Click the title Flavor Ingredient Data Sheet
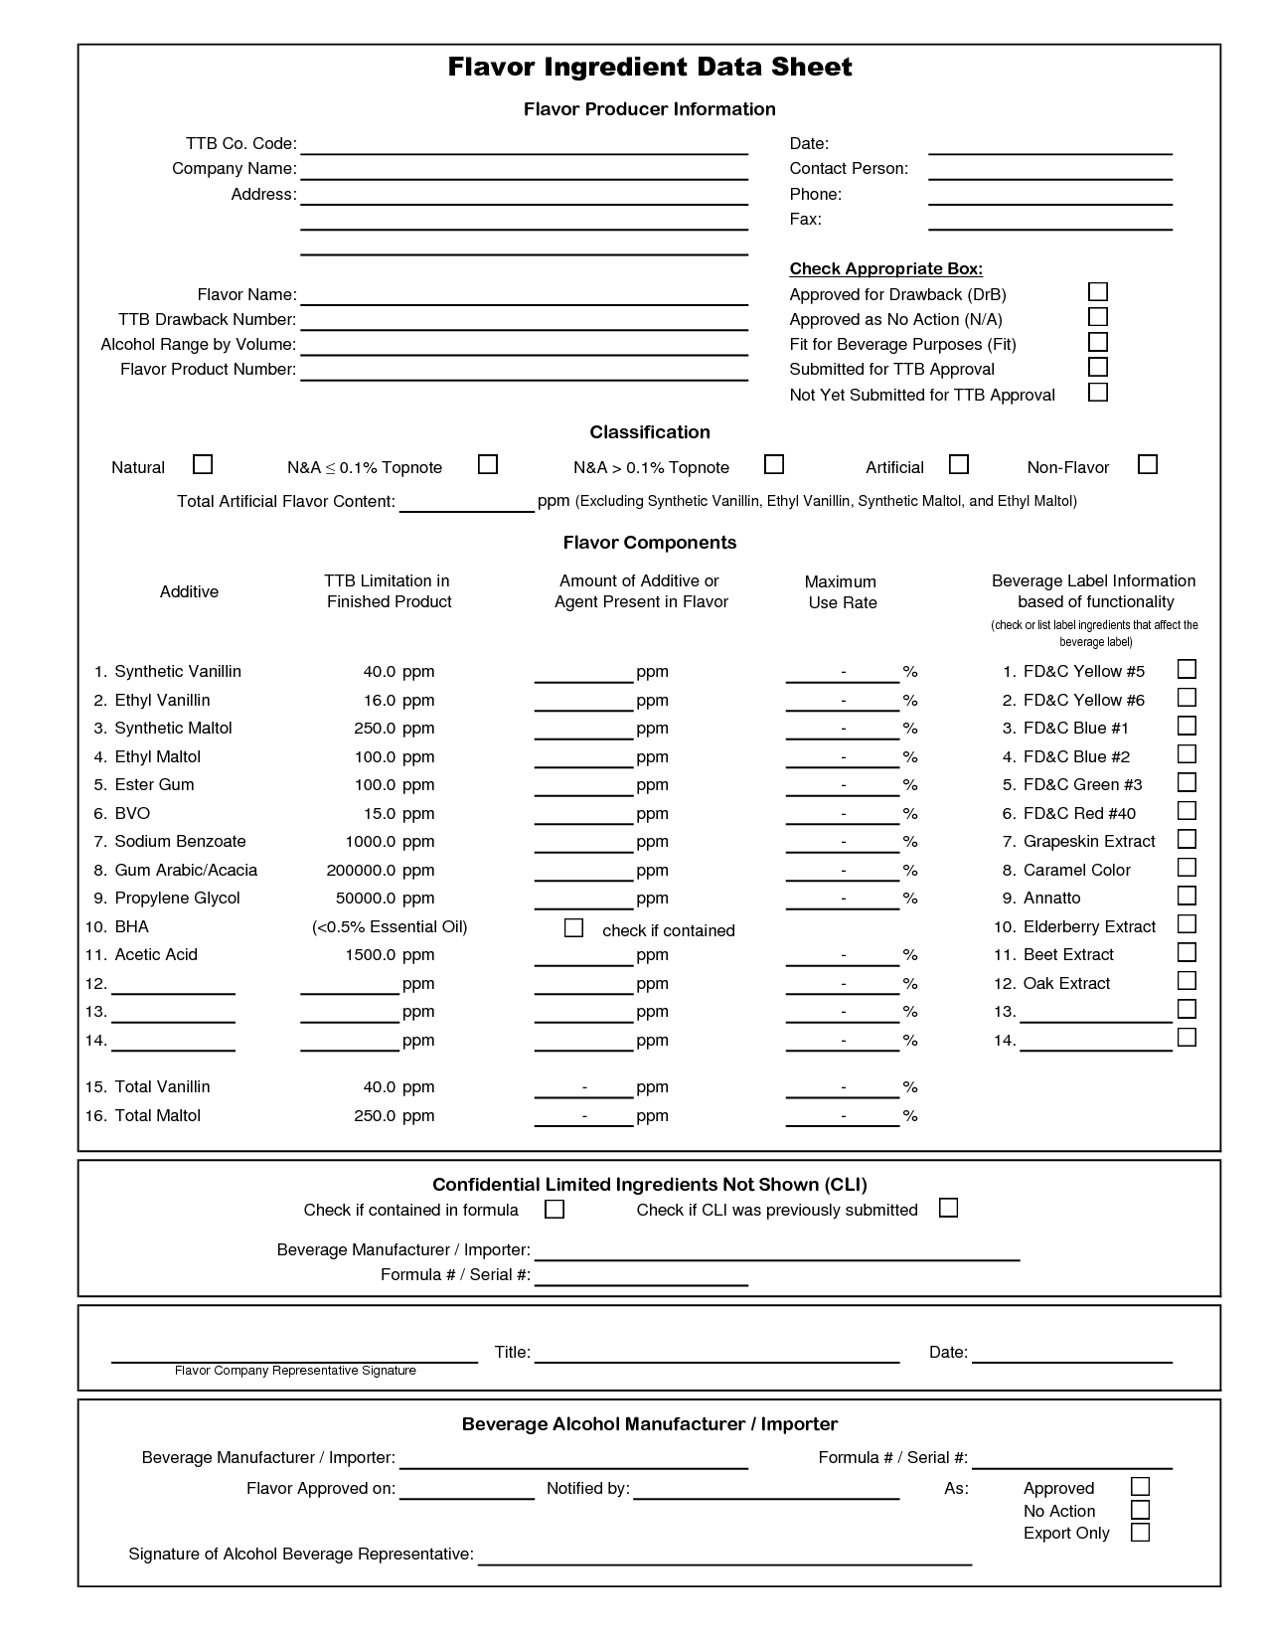(x=649, y=68)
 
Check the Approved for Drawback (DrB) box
(x=1097, y=292)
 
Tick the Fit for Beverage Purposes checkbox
(x=1097, y=342)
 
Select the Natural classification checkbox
(x=202, y=464)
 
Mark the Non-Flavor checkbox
(x=1147, y=464)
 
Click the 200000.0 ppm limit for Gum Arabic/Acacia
(x=381, y=871)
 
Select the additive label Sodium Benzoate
(x=180, y=842)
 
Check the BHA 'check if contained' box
(x=573, y=928)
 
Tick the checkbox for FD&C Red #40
(x=1186, y=811)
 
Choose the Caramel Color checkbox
(x=1186, y=868)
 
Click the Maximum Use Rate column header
(x=841, y=592)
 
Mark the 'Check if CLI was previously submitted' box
(x=948, y=1208)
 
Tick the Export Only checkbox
(x=1140, y=1532)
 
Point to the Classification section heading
(x=649, y=432)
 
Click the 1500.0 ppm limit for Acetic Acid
(x=394, y=955)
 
